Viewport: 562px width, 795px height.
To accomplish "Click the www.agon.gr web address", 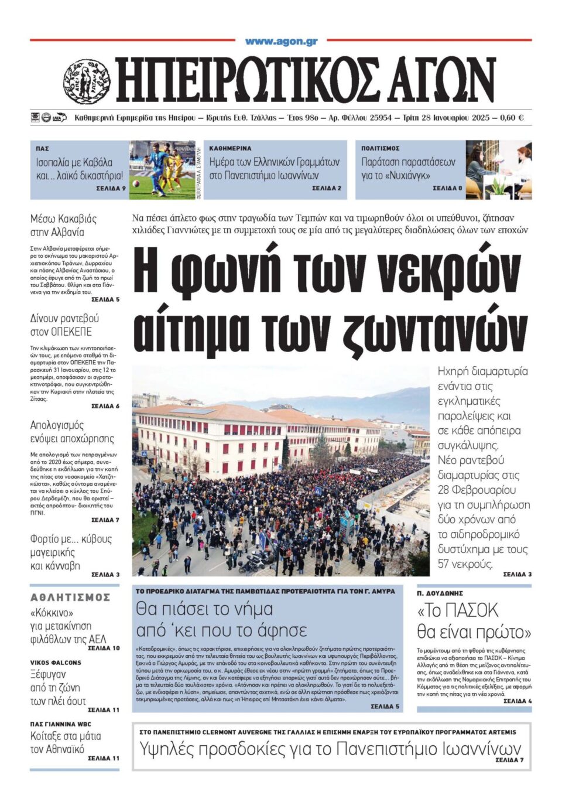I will pyautogui.click(x=281, y=41).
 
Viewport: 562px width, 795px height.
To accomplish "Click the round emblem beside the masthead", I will pyautogui.click(x=86, y=82).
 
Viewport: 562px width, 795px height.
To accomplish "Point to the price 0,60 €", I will pyautogui.click(x=512, y=118).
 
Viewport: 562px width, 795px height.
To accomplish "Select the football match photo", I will pyautogui.click(x=162, y=170).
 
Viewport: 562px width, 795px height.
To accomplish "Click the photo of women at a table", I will pyautogui.click(x=499, y=170).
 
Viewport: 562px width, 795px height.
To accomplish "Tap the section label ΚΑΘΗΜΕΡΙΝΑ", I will pyautogui.click(x=230, y=149).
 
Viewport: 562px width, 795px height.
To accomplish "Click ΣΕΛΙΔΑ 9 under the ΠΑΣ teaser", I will pyautogui.click(x=111, y=189).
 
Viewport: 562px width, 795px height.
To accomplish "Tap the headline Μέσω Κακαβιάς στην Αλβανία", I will pyautogui.click(x=63, y=225).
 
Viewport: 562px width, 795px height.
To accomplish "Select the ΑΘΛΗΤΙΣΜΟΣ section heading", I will pyautogui.click(x=70, y=597).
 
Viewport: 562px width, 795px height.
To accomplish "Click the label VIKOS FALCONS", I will pyautogui.click(x=56, y=663).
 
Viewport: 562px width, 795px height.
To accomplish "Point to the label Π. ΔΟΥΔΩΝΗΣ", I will pyautogui.click(x=440, y=593).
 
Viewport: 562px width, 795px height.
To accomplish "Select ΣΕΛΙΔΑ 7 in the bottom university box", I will pyautogui.click(x=509, y=760).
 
